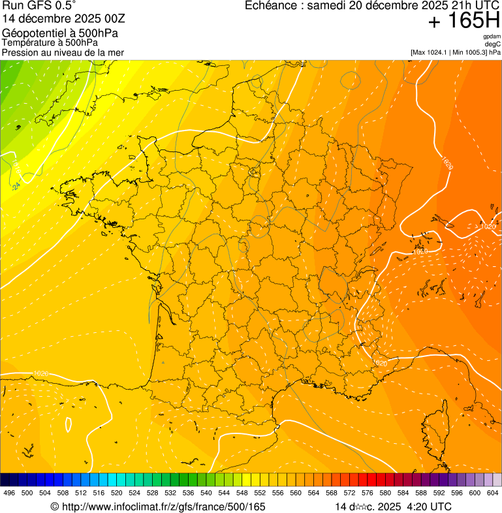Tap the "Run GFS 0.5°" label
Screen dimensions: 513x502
pyautogui.click(x=35, y=6)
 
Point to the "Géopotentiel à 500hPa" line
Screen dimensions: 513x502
pyautogui.click(x=60, y=33)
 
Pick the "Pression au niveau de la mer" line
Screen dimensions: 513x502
pyautogui.click(x=63, y=53)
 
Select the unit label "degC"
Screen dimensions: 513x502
pyautogui.click(x=493, y=44)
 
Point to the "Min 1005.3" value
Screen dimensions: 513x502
pyautogui.click(x=469, y=52)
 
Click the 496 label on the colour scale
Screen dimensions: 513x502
pyautogui.click(x=9, y=493)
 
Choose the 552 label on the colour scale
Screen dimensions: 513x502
pyautogui.click(x=260, y=493)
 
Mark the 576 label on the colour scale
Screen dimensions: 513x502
pyautogui.click(x=368, y=493)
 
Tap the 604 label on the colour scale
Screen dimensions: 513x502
pyautogui.click(x=493, y=493)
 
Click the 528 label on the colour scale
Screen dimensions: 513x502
pyautogui.click(x=152, y=493)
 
